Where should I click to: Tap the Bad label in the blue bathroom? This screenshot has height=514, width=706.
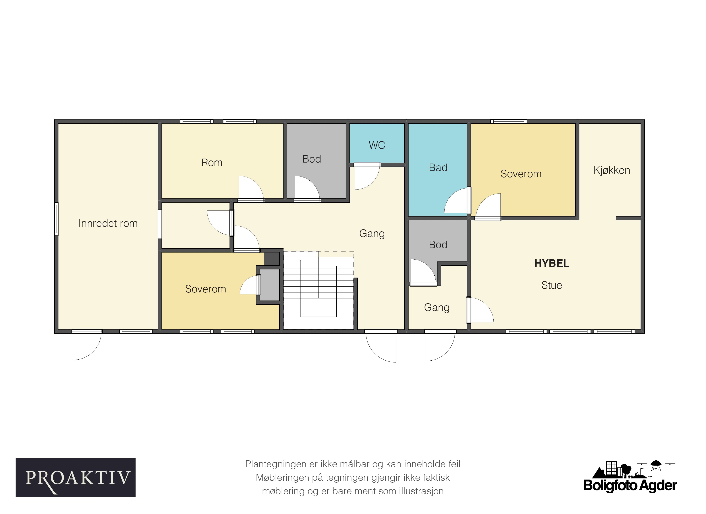pyautogui.click(x=438, y=168)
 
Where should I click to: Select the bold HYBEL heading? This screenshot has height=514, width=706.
pyautogui.click(x=552, y=264)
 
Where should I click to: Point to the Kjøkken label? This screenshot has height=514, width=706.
pyautogui.click(x=612, y=170)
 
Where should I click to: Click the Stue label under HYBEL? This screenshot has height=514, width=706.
pyautogui.click(x=552, y=285)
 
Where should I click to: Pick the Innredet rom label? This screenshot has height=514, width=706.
pyautogui.click(x=108, y=223)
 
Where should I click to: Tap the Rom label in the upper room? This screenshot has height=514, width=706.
pyautogui.click(x=212, y=163)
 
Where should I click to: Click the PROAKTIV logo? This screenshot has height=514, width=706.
pyautogui.click(x=76, y=478)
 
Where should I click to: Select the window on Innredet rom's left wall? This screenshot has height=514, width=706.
pyautogui.click(x=56, y=219)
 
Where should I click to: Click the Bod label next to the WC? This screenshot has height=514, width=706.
pyautogui.click(x=312, y=159)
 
